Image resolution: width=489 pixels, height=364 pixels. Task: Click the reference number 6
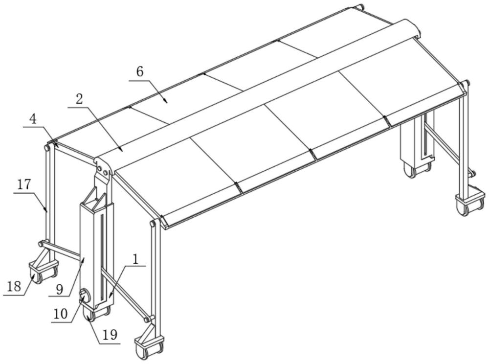[140, 72]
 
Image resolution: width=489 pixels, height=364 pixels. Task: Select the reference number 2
[80, 99]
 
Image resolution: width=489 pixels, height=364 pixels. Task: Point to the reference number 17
[24, 184]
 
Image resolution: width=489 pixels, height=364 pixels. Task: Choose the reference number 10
[61, 314]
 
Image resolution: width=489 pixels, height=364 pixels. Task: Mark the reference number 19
[110, 335]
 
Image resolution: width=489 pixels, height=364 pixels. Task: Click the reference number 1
[135, 259]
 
